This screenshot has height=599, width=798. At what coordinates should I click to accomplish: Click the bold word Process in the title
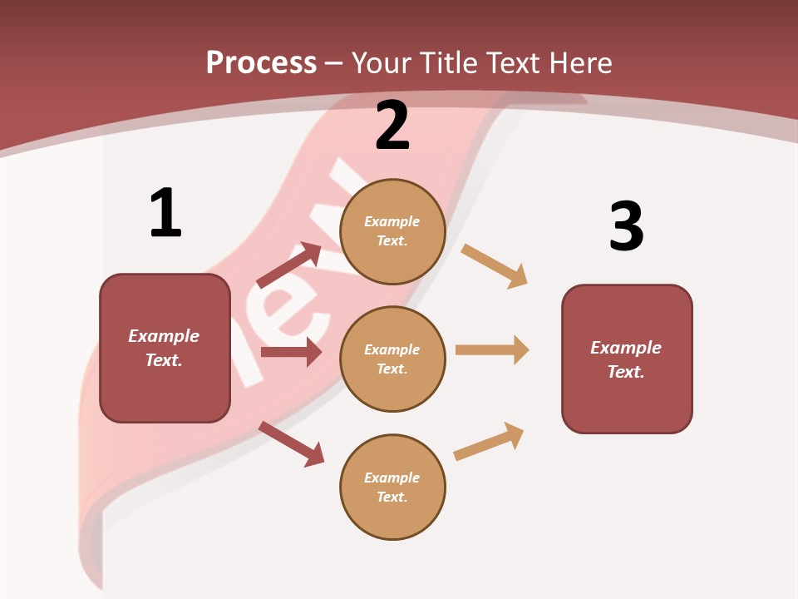pyautogui.click(x=261, y=63)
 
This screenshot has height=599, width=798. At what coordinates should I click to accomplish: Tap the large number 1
pyautogui.click(x=165, y=213)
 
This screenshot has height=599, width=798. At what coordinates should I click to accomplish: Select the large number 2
pyautogui.click(x=392, y=126)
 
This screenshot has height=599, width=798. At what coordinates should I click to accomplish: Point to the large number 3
pyautogui.click(x=627, y=226)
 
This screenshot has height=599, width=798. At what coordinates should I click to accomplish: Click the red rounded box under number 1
pyautogui.click(x=165, y=348)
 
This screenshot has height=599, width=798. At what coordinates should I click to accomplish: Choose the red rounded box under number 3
pyautogui.click(x=627, y=359)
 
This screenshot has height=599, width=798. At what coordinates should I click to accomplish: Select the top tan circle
pyautogui.click(x=392, y=231)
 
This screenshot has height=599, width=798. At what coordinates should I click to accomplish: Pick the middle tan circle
pyautogui.click(x=392, y=359)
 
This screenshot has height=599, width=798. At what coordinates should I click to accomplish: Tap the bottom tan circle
pyautogui.click(x=392, y=487)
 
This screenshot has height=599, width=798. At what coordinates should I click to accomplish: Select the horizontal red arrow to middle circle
pyautogui.click(x=291, y=352)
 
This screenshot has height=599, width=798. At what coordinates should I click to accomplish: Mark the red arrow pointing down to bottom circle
pyautogui.click(x=291, y=443)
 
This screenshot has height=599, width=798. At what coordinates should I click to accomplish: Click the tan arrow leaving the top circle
pyautogui.click(x=495, y=266)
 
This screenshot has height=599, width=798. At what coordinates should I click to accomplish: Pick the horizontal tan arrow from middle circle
pyautogui.click(x=492, y=349)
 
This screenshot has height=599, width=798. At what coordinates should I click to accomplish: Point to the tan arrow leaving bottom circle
pyautogui.click(x=490, y=441)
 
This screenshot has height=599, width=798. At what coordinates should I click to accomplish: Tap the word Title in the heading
pyautogui.click(x=450, y=63)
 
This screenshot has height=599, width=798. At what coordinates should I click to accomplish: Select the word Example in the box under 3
pyautogui.click(x=626, y=348)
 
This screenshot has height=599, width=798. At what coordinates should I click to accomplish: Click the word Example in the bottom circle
pyautogui.click(x=392, y=478)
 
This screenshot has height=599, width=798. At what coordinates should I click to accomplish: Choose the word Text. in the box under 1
pyautogui.click(x=164, y=360)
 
